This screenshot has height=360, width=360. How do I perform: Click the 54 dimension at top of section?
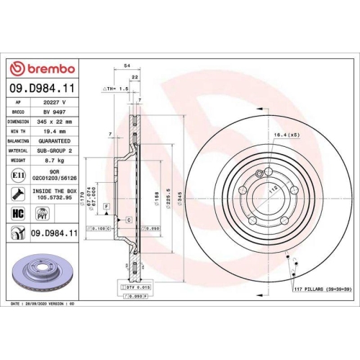[x=127, y=66]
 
